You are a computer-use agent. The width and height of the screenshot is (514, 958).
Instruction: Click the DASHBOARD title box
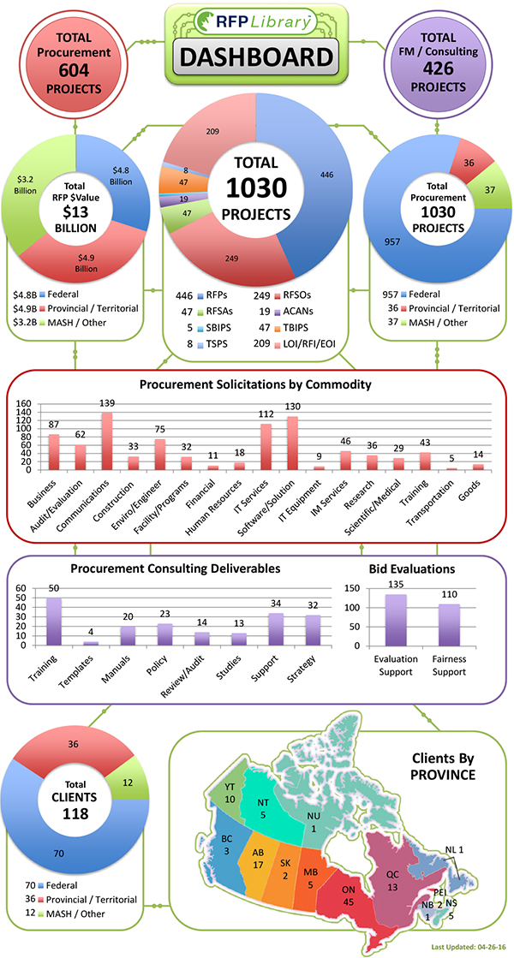(256, 58)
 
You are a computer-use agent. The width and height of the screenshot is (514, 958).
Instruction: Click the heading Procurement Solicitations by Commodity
(256, 384)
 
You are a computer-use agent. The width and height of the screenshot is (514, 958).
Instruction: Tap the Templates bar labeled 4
(90, 642)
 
